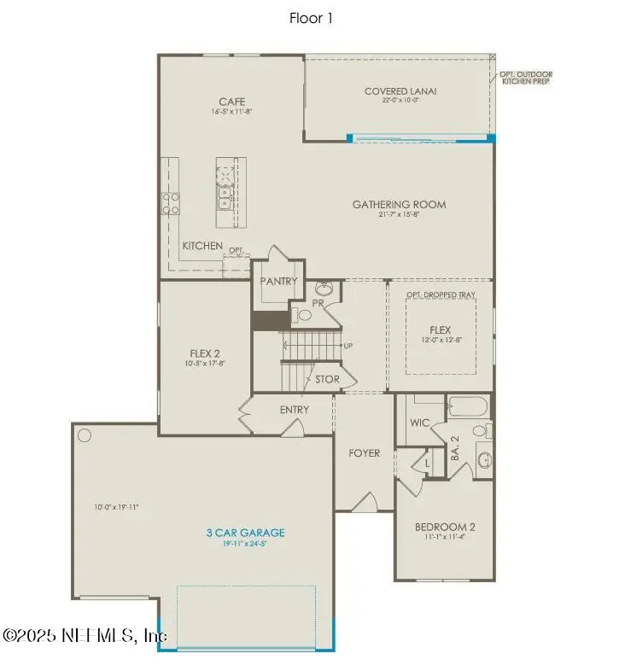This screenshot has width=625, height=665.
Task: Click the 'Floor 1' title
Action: pos(312,18)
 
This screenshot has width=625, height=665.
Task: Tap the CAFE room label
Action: pos(231,102)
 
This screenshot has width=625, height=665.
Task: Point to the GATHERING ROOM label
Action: pos(399,204)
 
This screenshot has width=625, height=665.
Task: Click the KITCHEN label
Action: pos(202,246)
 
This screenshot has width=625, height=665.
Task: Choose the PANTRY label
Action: pos(279,281)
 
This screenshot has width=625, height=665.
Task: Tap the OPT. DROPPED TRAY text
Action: pos(441,295)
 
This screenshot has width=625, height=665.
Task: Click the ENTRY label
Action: pos(294,410)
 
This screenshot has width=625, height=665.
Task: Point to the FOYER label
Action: pos(365,452)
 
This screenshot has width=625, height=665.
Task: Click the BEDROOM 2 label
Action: pos(445,527)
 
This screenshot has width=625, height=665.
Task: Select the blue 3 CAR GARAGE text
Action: pos(245,533)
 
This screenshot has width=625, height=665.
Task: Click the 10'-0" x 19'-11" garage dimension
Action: pos(116,507)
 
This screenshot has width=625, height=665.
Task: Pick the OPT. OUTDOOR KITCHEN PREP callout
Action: pos(525,77)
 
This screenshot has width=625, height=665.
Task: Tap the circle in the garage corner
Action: pos(85,435)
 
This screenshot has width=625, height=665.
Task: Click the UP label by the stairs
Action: pos(348,346)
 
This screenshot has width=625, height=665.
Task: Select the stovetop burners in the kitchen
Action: pos(172,202)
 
